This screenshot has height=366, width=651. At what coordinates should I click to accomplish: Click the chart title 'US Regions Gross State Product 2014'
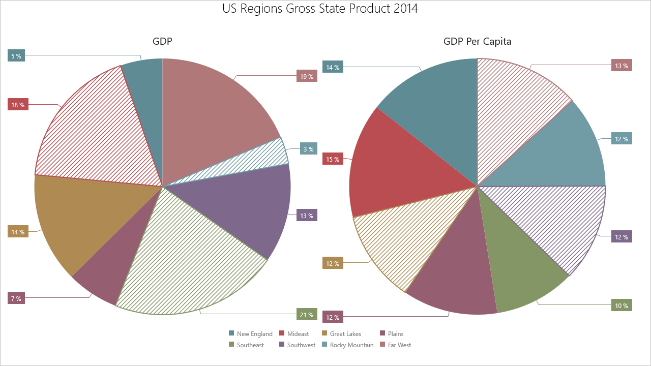click(320, 9)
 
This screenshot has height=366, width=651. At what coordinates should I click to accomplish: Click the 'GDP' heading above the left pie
click(162, 42)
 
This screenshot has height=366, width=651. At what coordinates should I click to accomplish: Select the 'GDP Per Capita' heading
click(477, 42)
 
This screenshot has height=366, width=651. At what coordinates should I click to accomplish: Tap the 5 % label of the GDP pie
click(16, 56)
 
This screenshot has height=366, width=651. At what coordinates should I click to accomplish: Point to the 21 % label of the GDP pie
click(307, 315)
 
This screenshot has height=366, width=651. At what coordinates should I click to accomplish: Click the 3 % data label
click(309, 148)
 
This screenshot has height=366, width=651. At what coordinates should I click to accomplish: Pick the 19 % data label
click(307, 76)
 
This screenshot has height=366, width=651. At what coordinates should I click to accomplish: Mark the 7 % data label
click(16, 298)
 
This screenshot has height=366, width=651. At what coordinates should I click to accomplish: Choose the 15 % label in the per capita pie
click(333, 159)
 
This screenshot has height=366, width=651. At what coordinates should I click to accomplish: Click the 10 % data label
click(622, 306)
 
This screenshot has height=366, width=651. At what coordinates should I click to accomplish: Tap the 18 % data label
click(18, 105)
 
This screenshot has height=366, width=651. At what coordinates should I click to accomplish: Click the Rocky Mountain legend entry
click(351, 345)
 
